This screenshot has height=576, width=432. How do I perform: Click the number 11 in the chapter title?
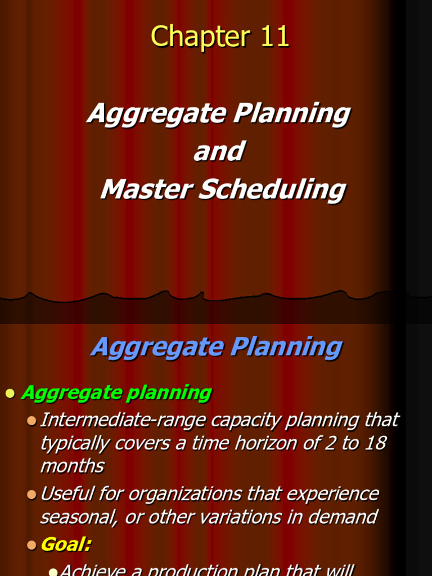[x=274, y=37]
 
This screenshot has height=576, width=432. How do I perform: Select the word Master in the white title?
[x=145, y=190]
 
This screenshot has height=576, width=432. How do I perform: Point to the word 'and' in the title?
[x=218, y=151]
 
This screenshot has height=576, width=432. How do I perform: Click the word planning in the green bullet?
[x=169, y=393]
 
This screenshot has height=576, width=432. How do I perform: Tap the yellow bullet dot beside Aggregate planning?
[x=10, y=394]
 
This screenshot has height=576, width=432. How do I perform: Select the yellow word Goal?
[x=66, y=544]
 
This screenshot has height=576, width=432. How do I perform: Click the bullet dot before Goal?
[x=31, y=545]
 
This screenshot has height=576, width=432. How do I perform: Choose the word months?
[x=72, y=466]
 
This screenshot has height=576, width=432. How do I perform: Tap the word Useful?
[x=68, y=494]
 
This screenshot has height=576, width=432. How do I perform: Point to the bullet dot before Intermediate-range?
[x=31, y=421]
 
